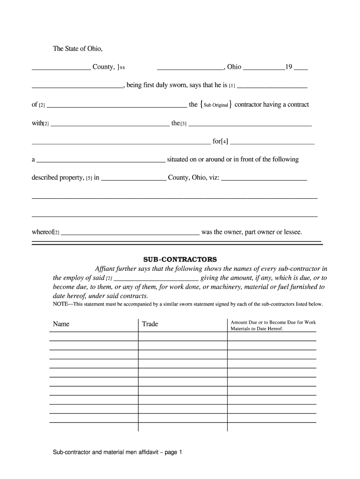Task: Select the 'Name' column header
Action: click(x=61, y=324)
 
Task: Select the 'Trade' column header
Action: click(x=150, y=324)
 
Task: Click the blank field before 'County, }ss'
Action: click(x=61, y=67)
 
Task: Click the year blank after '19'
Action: click(x=301, y=67)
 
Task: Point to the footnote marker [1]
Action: click(x=232, y=87)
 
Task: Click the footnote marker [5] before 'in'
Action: click(x=89, y=178)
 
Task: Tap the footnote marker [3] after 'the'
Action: click(x=183, y=124)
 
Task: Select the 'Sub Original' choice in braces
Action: click(x=216, y=105)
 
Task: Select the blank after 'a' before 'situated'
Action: click(x=101, y=160)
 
